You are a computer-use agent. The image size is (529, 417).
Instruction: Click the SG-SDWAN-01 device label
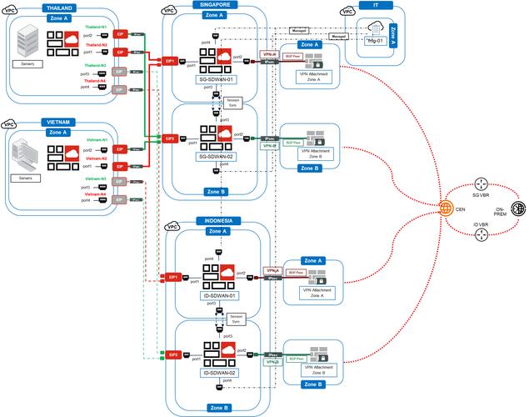point(216,79)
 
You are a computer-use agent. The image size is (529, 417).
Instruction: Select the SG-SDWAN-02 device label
point(216,155)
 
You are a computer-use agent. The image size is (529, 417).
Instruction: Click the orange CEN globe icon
point(447,208)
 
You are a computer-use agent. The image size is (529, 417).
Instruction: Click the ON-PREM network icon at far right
point(517,209)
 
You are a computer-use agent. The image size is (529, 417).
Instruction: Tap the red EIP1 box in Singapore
point(170,62)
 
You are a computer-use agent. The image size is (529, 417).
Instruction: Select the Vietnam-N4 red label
point(97,193)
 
